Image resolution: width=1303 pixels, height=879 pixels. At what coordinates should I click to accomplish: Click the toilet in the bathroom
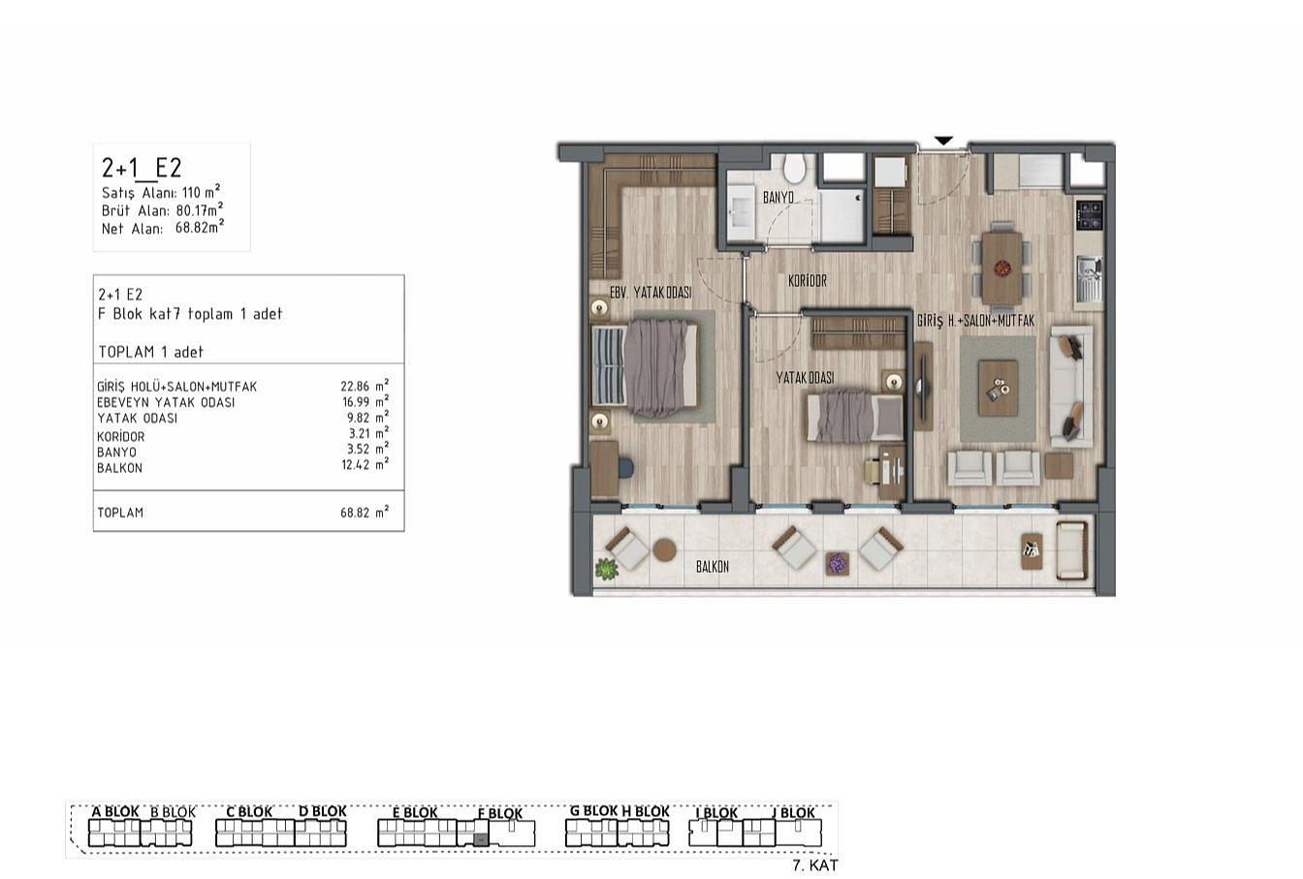(x=793, y=167)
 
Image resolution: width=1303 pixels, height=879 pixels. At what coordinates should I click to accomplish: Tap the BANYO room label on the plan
(x=779, y=198)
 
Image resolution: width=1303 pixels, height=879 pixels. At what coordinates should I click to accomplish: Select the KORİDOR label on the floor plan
(x=808, y=281)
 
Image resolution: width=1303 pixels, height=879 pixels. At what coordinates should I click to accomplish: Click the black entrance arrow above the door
(x=943, y=141)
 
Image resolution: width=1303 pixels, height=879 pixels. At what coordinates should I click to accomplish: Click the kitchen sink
(x=1089, y=279)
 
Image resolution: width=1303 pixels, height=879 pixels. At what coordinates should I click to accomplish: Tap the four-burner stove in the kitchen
(x=1090, y=214)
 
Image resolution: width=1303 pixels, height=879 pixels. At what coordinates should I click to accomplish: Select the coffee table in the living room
(x=998, y=388)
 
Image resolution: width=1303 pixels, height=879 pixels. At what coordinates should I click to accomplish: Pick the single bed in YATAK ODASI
(x=854, y=416)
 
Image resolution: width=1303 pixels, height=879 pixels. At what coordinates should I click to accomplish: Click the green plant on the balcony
(x=606, y=568)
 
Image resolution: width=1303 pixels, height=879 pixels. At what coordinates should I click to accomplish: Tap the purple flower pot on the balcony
(x=837, y=563)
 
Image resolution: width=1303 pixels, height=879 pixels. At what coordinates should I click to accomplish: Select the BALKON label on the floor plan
(x=713, y=567)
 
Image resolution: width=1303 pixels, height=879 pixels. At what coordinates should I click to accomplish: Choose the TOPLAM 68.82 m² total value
(x=365, y=512)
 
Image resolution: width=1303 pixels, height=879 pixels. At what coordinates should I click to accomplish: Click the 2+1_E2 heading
(x=142, y=168)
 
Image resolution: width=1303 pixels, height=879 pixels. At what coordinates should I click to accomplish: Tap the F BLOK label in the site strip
(x=500, y=813)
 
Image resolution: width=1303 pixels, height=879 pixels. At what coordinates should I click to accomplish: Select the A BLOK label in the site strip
(x=115, y=811)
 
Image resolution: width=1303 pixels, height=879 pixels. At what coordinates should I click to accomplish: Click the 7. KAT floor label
(x=815, y=865)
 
